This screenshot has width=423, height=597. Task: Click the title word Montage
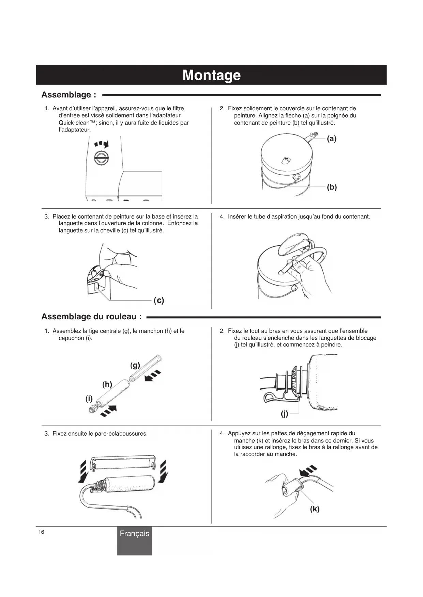tap(211, 75)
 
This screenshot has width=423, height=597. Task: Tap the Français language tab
tap(134, 533)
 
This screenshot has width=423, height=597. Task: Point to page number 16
tap(41, 532)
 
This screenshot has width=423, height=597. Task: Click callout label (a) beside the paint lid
tap(331, 139)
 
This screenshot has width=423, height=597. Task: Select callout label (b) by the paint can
tap(331, 187)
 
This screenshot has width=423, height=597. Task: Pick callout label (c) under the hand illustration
tap(159, 300)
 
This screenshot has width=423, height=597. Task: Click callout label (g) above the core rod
tap(135, 366)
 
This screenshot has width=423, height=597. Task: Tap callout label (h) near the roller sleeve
tap(107, 384)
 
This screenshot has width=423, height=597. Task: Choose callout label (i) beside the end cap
tap(89, 399)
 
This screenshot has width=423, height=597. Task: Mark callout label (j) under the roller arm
tap(284, 414)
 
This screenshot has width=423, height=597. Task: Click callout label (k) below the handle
tap(315, 509)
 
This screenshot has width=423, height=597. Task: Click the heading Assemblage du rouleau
tap(91, 317)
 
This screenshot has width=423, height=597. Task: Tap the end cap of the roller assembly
tap(91, 409)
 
